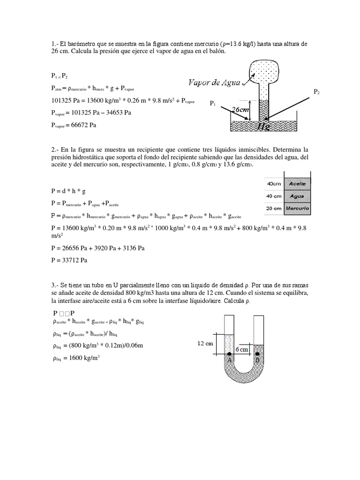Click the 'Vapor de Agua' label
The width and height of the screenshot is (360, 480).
click(x=214, y=82)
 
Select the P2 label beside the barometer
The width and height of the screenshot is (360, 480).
click(x=317, y=92)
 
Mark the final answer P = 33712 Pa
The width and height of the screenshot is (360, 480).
click(x=69, y=260)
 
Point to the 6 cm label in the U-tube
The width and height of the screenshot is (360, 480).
click(x=241, y=349)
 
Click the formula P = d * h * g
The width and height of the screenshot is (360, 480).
click(x=69, y=191)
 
